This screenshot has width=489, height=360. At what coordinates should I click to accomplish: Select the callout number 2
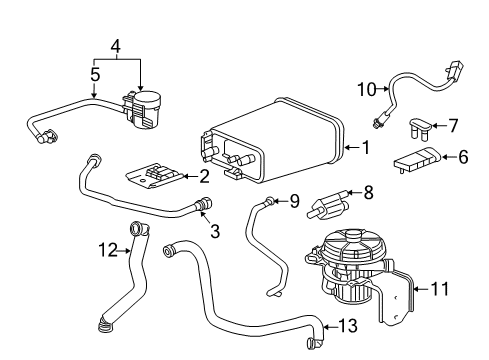point(204,177)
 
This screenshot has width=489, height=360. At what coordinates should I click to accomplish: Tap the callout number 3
point(214,232)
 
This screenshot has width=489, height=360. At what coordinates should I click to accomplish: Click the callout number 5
point(95,73)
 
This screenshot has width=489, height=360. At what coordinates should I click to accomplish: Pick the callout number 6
point(463,157)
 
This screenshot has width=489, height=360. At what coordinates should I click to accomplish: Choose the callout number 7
point(453,126)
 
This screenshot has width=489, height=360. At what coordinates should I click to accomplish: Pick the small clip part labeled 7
point(420,128)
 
